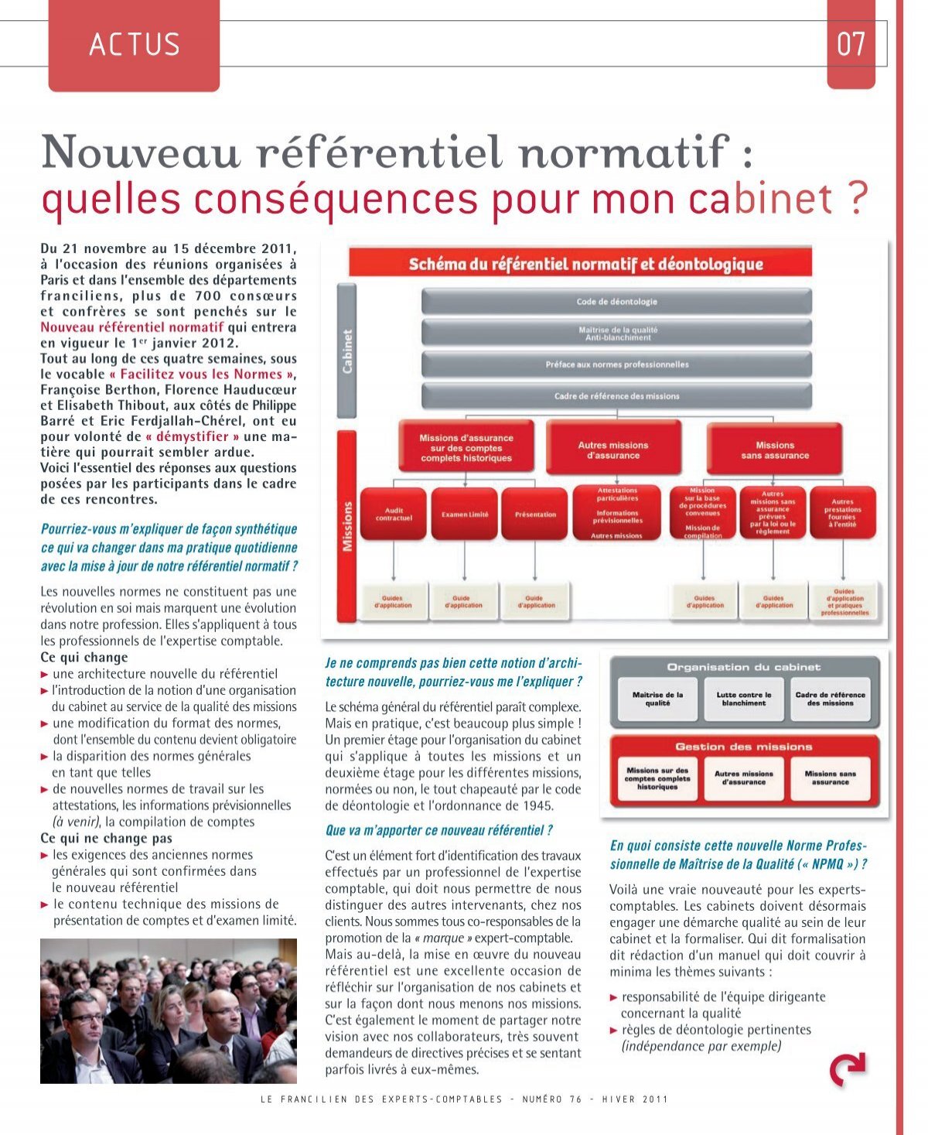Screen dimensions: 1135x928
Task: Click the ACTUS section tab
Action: (134, 45)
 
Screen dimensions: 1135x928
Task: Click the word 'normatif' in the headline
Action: (624, 152)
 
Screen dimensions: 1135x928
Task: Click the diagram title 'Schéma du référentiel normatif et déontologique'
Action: (585, 264)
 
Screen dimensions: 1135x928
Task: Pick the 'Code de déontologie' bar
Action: (616, 301)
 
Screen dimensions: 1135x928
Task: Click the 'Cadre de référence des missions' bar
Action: (616, 395)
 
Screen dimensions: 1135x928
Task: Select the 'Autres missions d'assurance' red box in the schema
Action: (613, 450)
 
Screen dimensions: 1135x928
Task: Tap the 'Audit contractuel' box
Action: (394, 514)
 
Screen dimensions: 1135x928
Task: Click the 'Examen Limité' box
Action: (465, 514)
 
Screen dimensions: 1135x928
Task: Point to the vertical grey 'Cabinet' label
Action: (347, 351)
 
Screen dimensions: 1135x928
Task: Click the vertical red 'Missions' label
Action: (347, 526)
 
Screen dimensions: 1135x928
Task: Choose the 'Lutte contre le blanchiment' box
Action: (744, 699)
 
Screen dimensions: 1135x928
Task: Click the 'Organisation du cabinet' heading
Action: (744, 667)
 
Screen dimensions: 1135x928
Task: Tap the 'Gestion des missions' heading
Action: (744, 747)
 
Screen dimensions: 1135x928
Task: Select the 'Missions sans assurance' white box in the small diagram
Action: (830, 778)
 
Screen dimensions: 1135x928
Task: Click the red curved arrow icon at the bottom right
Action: (848, 1070)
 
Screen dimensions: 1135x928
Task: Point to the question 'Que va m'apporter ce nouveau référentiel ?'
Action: (438, 830)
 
